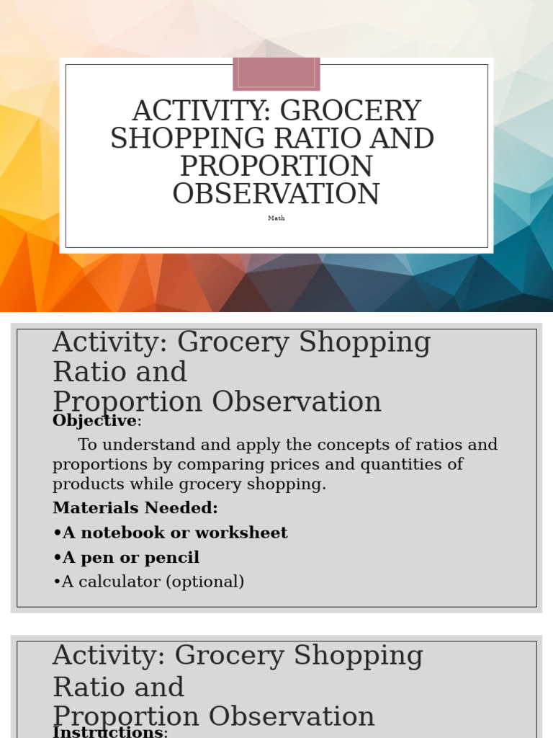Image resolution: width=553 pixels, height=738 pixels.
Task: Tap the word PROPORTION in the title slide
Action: point(276,166)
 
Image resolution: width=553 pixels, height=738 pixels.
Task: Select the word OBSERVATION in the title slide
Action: point(276,195)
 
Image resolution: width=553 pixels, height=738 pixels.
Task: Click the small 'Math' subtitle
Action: point(276,218)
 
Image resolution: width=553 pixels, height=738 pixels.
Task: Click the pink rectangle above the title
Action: point(276,74)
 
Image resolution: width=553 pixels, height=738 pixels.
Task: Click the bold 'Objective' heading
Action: point(94,421)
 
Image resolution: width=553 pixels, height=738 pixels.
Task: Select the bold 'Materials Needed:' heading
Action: point(135,508)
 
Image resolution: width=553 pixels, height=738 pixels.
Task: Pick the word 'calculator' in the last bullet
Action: point(112,582)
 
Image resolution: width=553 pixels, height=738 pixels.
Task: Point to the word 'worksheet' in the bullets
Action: point(251,533)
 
